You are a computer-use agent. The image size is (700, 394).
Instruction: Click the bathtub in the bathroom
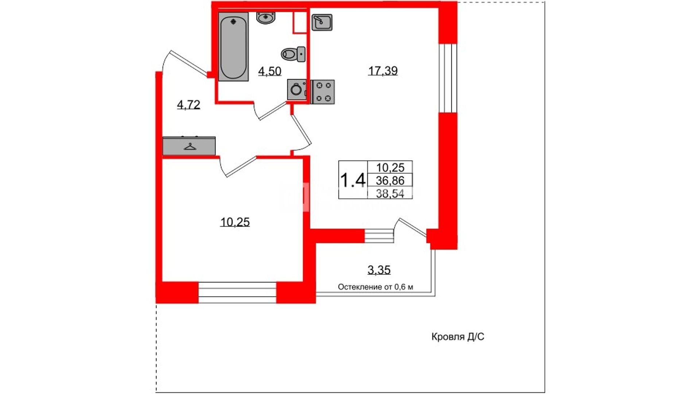click(x=233, y=46)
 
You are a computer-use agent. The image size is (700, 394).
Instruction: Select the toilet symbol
click(x=293, y=54)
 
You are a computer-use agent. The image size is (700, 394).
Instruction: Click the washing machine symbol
click(x=297, y=89)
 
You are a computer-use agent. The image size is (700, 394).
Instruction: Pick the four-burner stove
click(x=323, y=92)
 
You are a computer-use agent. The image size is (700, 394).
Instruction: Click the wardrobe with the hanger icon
click(x=189, y=146)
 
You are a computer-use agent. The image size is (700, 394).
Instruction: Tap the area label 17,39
click(x=383, y=71)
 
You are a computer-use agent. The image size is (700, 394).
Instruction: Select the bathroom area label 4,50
click(x=270, y=71)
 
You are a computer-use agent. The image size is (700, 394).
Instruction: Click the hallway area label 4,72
click(x=188, y=105)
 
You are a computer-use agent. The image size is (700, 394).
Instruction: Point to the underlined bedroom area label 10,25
click(x=235, y=222)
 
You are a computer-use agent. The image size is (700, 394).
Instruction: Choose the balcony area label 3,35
click(x=379, y=270)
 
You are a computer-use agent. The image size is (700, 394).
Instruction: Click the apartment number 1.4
click(x=353, y=180)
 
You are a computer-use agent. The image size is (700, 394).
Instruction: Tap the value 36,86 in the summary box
click(x=390, y=180)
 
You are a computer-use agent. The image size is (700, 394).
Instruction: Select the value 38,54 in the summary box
click(x=390, y=193)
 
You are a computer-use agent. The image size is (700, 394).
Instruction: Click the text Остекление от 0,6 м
click(x=376, y=287)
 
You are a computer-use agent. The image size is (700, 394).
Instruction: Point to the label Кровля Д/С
click(x=458, y=337)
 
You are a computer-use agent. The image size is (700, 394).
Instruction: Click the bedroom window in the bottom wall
click(x=237, y=293)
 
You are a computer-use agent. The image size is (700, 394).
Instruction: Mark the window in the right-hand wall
click(x=448, y=78)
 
